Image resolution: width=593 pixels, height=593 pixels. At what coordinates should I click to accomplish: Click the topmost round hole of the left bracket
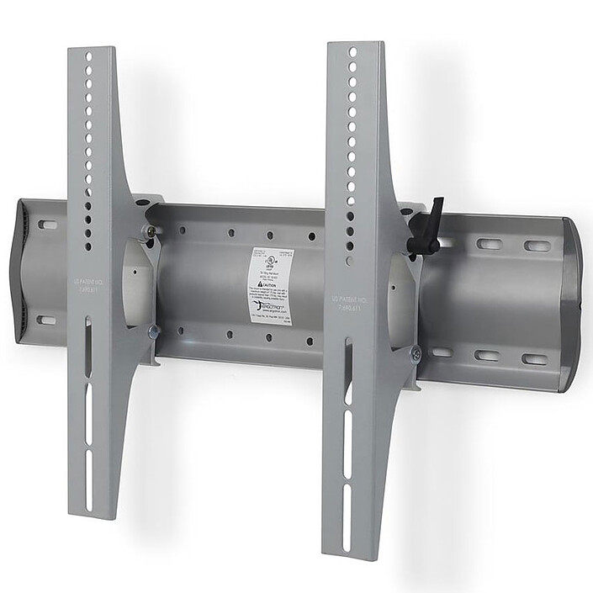88,57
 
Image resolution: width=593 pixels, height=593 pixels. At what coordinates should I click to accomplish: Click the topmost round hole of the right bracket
352,51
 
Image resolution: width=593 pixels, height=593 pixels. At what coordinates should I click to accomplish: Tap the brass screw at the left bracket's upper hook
151,230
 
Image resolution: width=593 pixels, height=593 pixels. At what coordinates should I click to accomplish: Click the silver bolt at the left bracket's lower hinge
153,331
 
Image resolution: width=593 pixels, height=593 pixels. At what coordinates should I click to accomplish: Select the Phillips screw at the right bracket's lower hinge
415,355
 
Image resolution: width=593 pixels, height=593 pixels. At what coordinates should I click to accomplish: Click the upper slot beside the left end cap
49,225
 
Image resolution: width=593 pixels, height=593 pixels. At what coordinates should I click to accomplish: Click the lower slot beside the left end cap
47,320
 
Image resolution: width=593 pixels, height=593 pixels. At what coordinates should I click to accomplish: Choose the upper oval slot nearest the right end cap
536,246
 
